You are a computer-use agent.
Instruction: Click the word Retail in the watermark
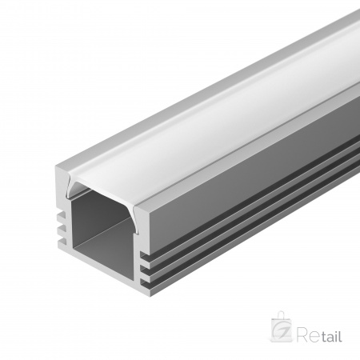tap(321, 337)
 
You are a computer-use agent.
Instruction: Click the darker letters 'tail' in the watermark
tap(330, 337)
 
